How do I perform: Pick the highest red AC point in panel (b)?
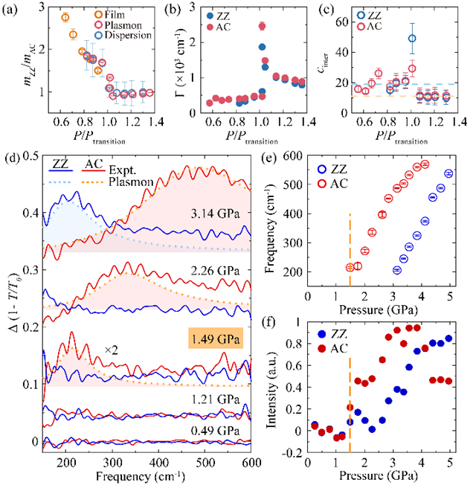(262, 26)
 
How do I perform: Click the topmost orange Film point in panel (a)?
(65, 17)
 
